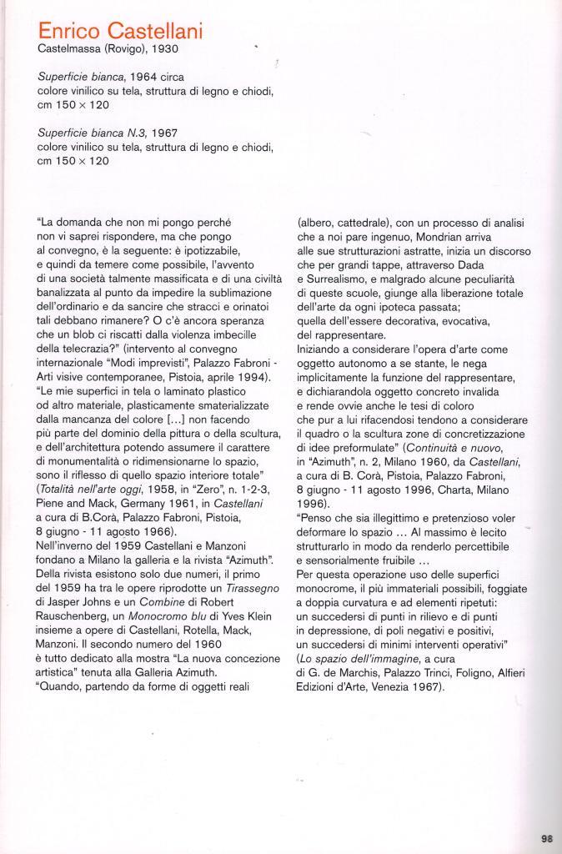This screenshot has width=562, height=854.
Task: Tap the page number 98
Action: [x=547, y=839]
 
